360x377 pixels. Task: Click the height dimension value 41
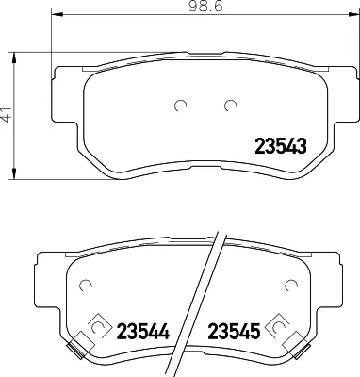click(x=10, y=118)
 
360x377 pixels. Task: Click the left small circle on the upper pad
click(x=183, y=105)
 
